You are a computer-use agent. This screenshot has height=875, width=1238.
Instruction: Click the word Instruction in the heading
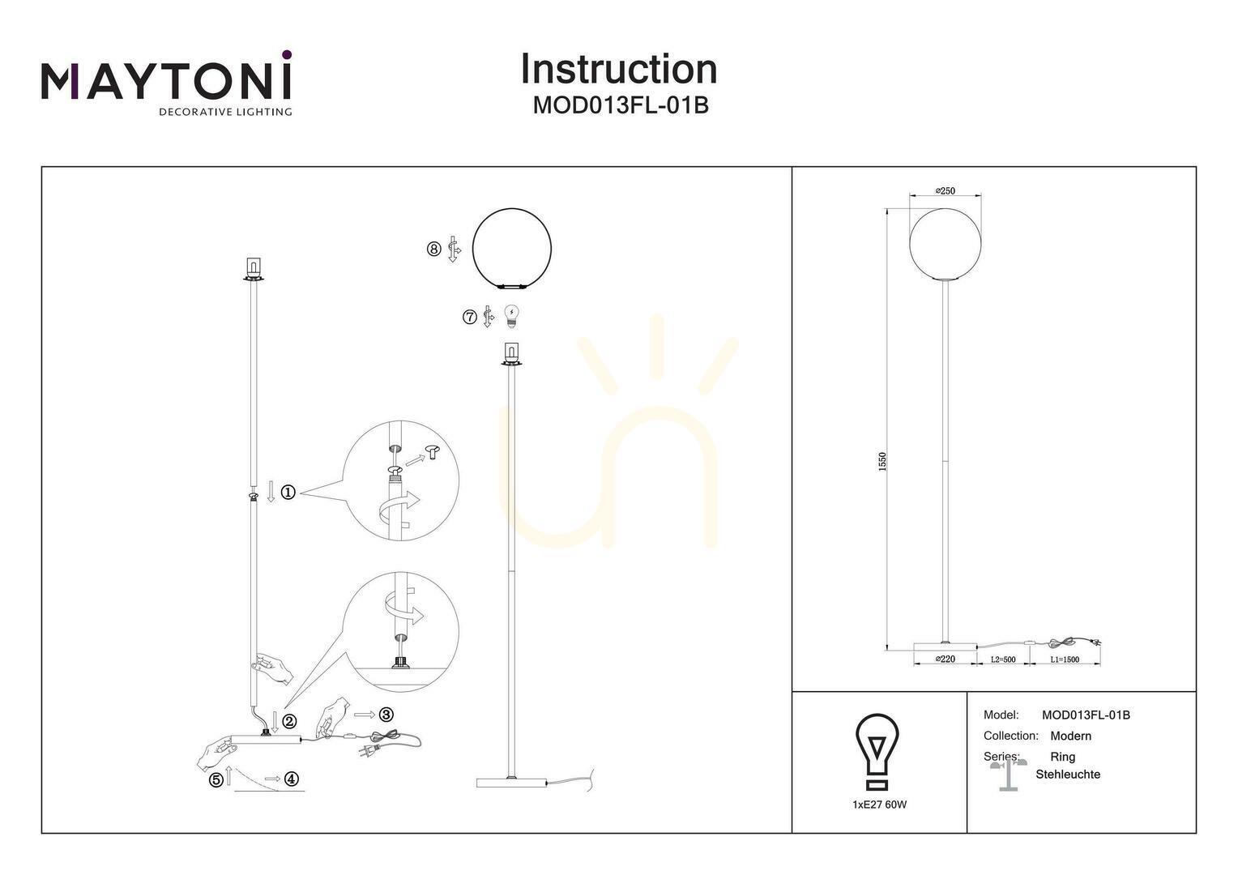619,70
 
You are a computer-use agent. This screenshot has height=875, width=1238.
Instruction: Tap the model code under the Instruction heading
621,105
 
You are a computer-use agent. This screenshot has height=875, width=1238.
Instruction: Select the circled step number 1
288,492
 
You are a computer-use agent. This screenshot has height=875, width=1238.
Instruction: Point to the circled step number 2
289,721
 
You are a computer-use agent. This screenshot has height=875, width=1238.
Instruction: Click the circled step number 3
386,714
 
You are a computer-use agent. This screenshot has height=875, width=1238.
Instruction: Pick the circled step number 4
291,779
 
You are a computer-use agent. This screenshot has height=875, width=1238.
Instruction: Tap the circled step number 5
216,779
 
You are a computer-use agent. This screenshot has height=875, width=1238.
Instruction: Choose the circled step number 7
469,317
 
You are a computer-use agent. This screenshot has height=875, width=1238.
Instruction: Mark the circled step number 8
433,249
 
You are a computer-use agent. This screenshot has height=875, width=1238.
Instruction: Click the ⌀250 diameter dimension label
945,190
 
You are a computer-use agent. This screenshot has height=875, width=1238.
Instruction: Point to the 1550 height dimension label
882,461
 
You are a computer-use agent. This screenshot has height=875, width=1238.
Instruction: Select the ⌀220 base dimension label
945,659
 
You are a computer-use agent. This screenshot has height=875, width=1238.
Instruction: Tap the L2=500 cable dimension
1003,659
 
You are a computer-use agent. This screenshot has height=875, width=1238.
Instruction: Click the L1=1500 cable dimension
1065,659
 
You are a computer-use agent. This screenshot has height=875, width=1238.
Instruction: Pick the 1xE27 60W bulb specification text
879,805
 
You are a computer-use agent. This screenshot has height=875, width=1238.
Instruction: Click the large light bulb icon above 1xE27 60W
877,751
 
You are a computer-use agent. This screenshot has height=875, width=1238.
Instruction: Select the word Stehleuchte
1068,775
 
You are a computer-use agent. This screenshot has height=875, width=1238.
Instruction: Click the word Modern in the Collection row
1070,736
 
